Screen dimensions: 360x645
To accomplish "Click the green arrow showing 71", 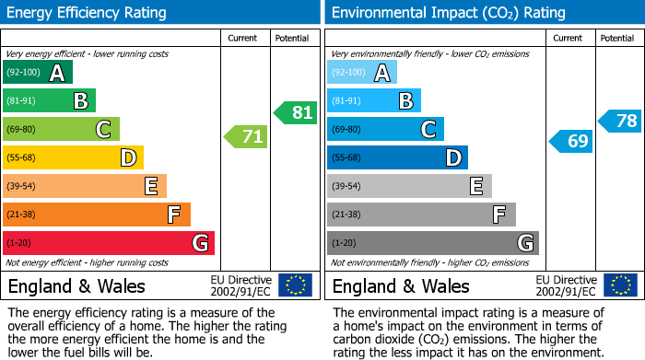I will pyautogui.click(x=246, y=137).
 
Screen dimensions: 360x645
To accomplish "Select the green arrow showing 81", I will pyautogui.click(x=295, y=112).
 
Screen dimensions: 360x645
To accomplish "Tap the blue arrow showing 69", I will pyautogui.click(x=570, y=141).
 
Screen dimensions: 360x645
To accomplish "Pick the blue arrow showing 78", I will pyautogui.click(x=620, y=121).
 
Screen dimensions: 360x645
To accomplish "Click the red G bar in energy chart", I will pyautogui.click(x=108, y=243).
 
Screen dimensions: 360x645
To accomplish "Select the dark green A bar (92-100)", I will pyautogui.click(x=38, y=73).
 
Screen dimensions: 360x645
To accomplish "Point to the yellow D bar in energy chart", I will pyautogui.click(x=73, y=157).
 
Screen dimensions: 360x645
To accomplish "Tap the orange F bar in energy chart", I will pyautogui.click(x=96, y=215).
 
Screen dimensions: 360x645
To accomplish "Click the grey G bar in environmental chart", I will pyautogui.click(x=432, y=243).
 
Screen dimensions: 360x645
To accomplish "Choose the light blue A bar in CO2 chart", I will pyautogui.click(x=362, y=73).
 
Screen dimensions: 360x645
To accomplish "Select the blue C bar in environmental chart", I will pyautogui.click(x=385, y=129).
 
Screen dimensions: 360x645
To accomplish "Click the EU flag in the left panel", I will pyautogui.click(x=295, y=285).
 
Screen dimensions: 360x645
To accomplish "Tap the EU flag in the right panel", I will pyautogui.click(x=619, y=285).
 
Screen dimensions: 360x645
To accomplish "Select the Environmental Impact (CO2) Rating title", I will pyautogui.click(x=448, y=13).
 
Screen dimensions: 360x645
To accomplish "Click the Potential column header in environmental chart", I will pyautogui.click(x=617, y=38).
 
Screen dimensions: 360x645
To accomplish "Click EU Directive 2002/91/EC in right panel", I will pyautogui.click(x=566, y=285).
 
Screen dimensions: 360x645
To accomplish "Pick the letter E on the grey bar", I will pyautogui.click(x=476, y=186).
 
